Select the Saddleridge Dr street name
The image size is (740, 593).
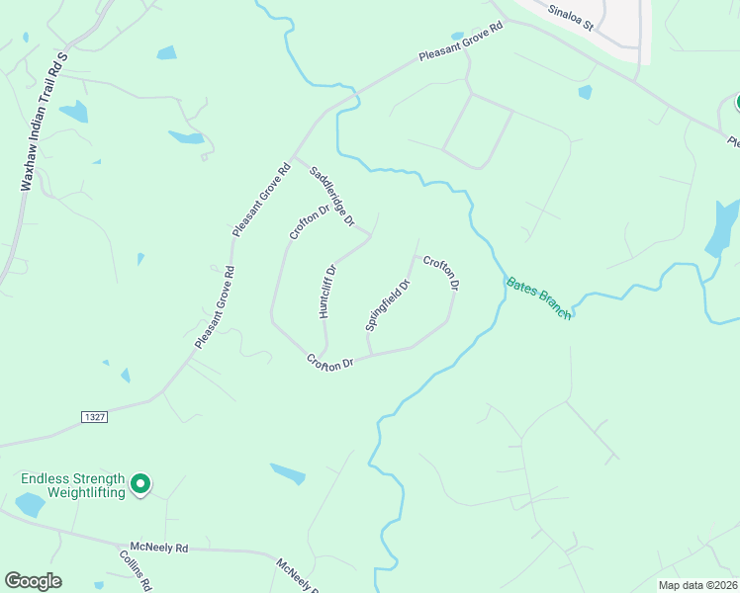(x=331, y=195)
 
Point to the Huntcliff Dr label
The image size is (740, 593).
(x=327, y=290)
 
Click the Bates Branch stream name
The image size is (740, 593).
(x=539, y=296)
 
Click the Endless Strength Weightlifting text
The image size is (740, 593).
(x=72, y=485)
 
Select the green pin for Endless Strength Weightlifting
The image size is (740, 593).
(x=140, y=484)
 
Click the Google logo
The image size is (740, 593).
(x=33, y=581)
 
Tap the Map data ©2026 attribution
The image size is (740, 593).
(x=696, y=585)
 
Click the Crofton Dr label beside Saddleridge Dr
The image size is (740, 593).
(x=309, y=221)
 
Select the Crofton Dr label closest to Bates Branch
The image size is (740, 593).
(x=441, y=273)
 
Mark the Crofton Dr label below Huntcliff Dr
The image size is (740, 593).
(x=329, y=363)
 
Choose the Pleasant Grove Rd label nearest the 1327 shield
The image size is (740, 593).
(x=215, y=306)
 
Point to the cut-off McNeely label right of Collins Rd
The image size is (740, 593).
(x=294, y=574)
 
